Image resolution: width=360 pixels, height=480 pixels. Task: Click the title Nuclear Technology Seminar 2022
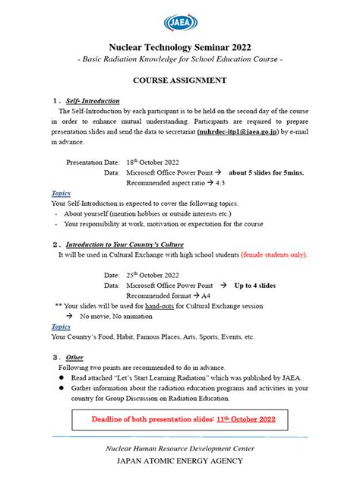180,47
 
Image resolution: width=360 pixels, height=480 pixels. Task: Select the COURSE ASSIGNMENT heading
180,79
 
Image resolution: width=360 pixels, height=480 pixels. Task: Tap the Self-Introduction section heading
93,100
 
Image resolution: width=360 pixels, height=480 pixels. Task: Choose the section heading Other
74,357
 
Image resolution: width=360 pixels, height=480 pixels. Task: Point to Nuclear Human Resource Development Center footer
180,449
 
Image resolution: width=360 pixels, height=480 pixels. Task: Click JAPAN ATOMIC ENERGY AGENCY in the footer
180,461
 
